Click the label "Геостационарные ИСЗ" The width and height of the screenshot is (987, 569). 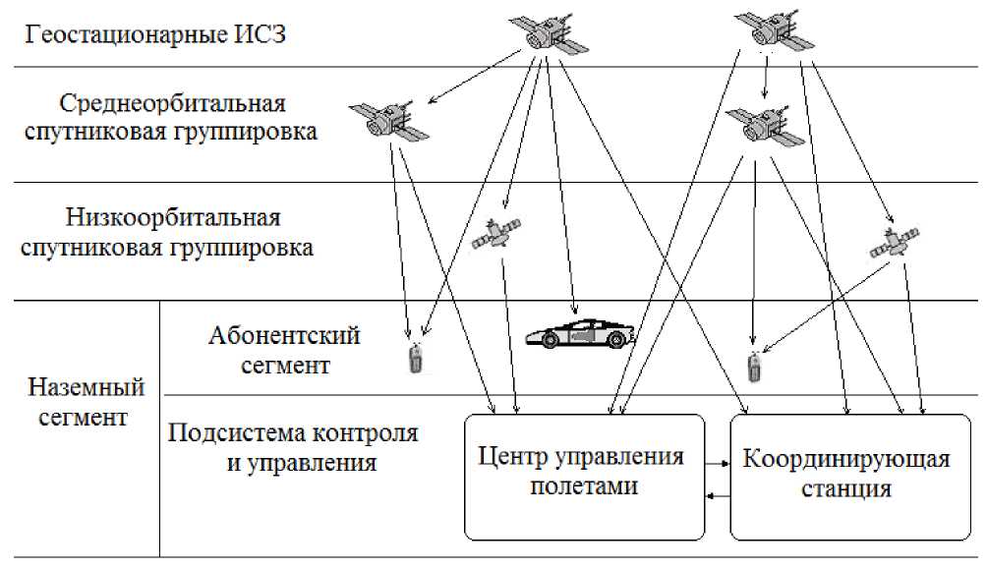pos(155,34)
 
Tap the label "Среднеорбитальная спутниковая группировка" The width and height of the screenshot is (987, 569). pos(171,118)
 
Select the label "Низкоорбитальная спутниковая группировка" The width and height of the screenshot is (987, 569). pos(167,232)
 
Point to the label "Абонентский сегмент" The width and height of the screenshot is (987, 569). pos(284,350)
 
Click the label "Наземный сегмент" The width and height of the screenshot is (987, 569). pos(86,401)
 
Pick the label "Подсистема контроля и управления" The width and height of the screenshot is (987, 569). pos(293,447)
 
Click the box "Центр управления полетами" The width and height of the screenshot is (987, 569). pos(584,477)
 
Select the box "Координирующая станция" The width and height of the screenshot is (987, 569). pos(850,477)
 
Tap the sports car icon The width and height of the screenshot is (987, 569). pos(580,334)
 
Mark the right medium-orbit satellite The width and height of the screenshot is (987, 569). pos(765,127)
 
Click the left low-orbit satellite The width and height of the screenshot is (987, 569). pos(496,233)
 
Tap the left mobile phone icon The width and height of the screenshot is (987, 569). pos(416,357)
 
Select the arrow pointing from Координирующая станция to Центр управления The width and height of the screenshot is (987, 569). pos(718,496)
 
